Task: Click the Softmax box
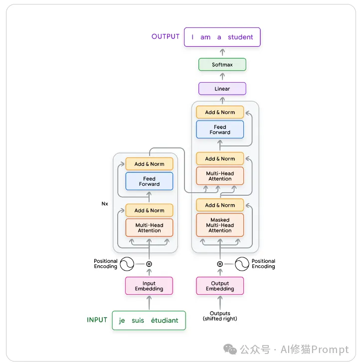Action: (x=222, y=65)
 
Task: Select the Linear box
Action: (x=222, y=89)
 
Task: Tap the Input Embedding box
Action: (x=149, y=286)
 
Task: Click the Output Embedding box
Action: (x=220, y=286)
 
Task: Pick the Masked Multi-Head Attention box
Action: (x=220, y=225)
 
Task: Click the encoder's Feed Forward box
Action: (x=149, y=181)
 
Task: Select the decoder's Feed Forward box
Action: (x=220, y=129)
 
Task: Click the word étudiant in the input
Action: (x=164, y=320)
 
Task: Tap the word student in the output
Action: (x=240, y=37)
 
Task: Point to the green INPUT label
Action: (x=97, y=320)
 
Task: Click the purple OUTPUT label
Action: (x=165, y=37)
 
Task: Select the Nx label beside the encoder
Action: (x=105, y=204)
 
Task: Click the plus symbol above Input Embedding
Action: (x=149, y=263)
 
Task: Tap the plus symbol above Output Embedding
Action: (x=220, y=264)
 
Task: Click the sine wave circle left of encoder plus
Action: (x=127, y=263)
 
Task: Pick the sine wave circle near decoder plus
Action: (x=242, y=264)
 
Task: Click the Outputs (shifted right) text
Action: (x=220, y=316)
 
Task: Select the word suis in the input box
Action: (x=138, y=320)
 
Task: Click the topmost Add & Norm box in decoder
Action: (x=220, y=113)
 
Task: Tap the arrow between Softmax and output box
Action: (x=222, y=52)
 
